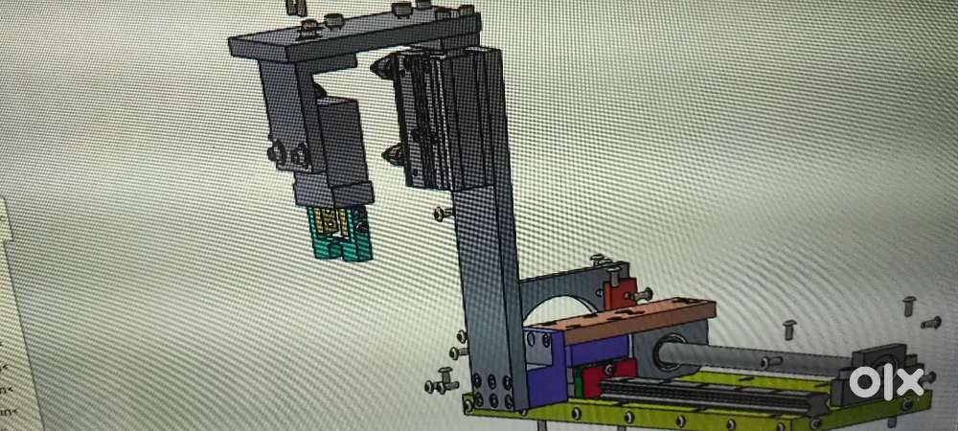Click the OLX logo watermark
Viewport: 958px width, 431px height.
tap(885, 381)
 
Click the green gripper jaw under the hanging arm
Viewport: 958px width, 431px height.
tap(340, 236)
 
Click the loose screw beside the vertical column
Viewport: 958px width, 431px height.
tap(443, 214)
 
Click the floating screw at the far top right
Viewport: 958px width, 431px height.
tap(909, 306)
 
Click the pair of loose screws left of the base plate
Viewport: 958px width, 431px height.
tap(445, 381)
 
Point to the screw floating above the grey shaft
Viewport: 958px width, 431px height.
tap(789, 329)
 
